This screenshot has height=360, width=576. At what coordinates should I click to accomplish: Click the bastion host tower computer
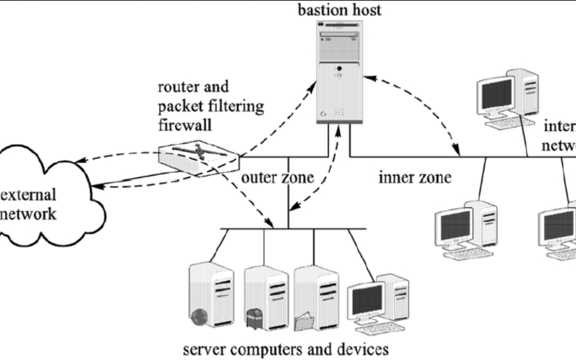tap(337, 73)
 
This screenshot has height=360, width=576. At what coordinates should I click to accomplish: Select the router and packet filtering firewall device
tap(199, 156)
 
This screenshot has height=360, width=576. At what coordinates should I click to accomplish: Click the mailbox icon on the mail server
tap(254, 315)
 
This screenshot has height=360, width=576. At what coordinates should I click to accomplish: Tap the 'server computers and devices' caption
tap(290, 351)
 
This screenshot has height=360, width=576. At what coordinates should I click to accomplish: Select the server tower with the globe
tap(210, 295)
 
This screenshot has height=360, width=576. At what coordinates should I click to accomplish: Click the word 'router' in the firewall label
tap(175, 89)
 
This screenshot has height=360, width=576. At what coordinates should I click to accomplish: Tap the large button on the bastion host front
tap(338, 71)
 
